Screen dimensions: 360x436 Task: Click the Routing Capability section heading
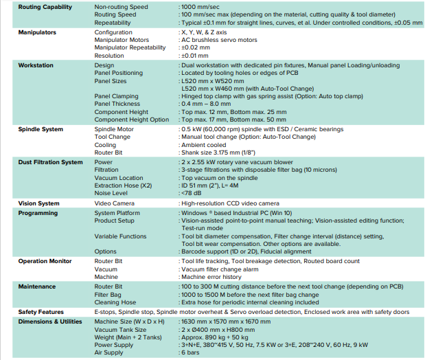coord(45,6)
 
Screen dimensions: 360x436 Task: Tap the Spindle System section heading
coord(42,129)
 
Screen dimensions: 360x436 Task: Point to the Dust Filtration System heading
coord(50,162)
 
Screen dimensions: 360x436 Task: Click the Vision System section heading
coord(38,203)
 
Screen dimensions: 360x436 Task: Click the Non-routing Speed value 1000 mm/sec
coord(198,6)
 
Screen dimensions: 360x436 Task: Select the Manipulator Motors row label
coord(122,40)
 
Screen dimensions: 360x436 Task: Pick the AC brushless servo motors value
coord(220,40)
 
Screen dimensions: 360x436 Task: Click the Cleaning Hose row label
coord(115,302)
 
